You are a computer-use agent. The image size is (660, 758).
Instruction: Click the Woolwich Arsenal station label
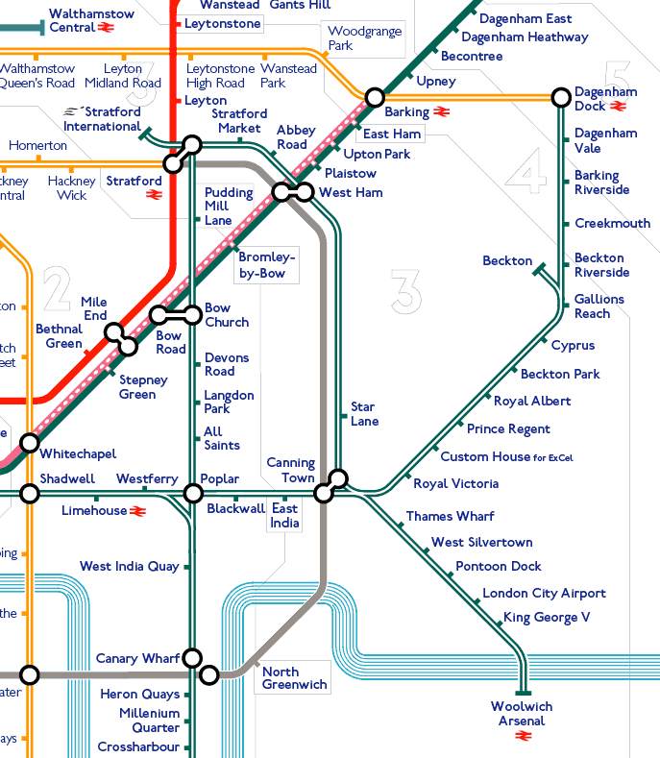[522, 714]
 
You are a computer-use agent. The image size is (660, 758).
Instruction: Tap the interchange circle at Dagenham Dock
[561, 97]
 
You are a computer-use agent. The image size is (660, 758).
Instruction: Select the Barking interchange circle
[375, 97]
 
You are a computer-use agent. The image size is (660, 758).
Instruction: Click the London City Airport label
[544, 593]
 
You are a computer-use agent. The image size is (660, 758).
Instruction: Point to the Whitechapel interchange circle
[30, 443]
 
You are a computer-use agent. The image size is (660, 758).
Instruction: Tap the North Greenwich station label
[294, 678]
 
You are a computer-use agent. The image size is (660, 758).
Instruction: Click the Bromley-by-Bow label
[266, 264]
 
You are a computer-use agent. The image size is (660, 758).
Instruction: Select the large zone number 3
[406, 291]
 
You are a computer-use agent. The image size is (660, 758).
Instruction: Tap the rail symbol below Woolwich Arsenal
[523, 737]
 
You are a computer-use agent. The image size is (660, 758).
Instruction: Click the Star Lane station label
[364, 414]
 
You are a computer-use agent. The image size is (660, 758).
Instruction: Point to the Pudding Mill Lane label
[229, 207]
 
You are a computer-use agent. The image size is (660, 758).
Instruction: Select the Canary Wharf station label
[137, 658]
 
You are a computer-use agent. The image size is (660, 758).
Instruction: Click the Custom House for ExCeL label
[506, 456]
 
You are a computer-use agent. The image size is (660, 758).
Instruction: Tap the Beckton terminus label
[507, 260]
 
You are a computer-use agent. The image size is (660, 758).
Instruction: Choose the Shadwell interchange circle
[30, 493]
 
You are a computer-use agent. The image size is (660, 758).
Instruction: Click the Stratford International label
[103, 119]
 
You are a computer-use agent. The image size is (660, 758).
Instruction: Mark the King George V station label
[546, 617]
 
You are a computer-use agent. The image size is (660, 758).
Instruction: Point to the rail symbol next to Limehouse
[137, 511]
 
